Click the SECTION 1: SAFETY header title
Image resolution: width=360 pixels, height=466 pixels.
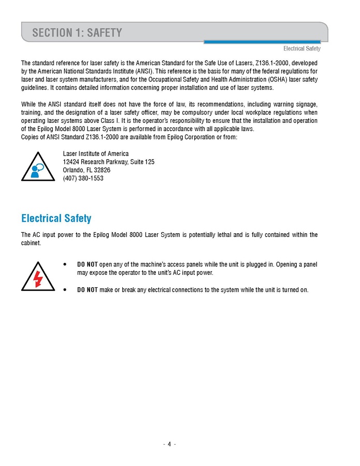click(x=77, y=33)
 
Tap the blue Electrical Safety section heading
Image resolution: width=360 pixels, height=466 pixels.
click(x=56, y=218)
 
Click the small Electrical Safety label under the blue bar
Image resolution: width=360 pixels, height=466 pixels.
click(x=301, y=49)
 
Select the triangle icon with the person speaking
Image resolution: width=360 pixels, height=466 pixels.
click(x=37, y=167)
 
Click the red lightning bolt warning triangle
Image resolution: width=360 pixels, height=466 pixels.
click(x=37, y=277)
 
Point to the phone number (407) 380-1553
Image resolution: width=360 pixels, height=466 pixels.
click(x=83, y=178)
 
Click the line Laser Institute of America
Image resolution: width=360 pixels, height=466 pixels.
click(x=96, y=154)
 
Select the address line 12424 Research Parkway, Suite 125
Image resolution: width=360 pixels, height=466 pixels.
click(x=108, y=162)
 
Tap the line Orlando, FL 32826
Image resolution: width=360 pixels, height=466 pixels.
click(x=87, y=170)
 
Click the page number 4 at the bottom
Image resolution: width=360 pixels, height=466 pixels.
click(x=169, y=444)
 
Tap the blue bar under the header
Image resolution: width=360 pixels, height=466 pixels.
click(x=262, y=42)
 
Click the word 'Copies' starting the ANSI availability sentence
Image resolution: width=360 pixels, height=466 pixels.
click(x=30, y=137)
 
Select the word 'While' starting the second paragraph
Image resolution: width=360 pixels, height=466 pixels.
click(x=29, y=104)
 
